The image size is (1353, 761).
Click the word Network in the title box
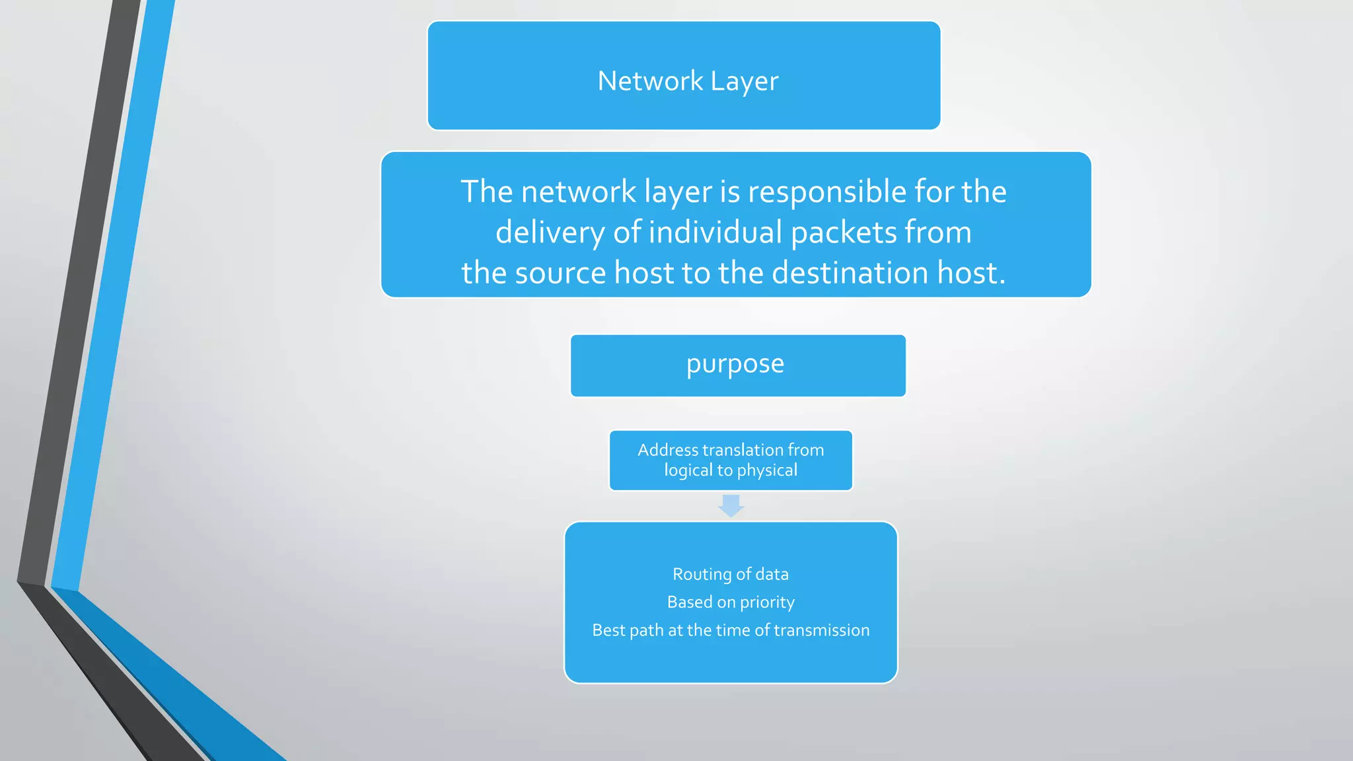[650, 81]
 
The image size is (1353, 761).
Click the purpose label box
[737, 365]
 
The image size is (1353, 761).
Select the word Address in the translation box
[667, 450]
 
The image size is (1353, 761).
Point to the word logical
[688, 470]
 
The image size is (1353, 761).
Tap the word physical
[767, 471]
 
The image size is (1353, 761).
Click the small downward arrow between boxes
[731, 506]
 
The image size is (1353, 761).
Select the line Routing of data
[731, 574]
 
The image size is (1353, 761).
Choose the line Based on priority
[731, 602]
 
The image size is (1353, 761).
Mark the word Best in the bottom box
[608, 630]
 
